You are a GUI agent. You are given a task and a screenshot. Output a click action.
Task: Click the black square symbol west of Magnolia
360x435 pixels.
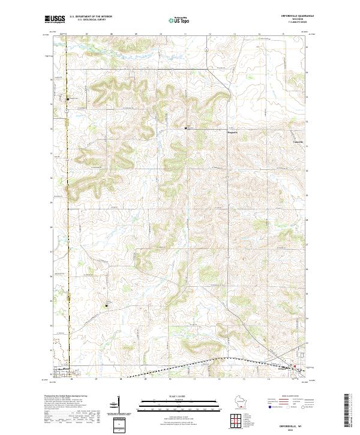click(x=185, y=128)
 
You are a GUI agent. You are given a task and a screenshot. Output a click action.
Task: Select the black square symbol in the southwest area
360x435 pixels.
click(x=107, y=306)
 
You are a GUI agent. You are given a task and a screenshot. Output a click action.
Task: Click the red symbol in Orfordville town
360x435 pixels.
click(x=294, y=368)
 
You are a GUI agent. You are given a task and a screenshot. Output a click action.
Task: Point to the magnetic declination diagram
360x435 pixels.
click(x=118, y=403)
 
